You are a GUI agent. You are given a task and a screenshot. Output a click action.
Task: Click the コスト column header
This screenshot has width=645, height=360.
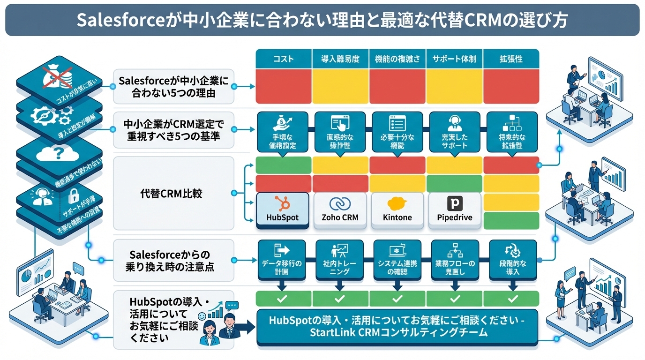(x=283, y=59)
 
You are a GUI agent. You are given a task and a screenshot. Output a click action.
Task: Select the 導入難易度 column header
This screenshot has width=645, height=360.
(x=340, y=59)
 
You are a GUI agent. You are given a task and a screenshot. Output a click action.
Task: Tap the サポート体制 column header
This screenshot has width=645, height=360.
(x=454, y=59)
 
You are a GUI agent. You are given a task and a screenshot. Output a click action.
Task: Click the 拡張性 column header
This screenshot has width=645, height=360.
(x=510, y=59)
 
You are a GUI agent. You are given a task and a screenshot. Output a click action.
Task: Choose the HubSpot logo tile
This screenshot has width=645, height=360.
(x=283, y=210)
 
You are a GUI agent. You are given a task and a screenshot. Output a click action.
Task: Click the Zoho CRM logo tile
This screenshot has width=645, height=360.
(x=340, y=210)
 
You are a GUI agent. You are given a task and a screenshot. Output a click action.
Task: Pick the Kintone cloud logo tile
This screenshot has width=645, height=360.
(x=397, y=210)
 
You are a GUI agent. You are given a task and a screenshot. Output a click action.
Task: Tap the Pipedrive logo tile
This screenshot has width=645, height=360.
(x=455, y=210)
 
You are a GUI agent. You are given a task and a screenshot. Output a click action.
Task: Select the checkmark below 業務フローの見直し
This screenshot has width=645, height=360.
(x=455, y=298)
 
